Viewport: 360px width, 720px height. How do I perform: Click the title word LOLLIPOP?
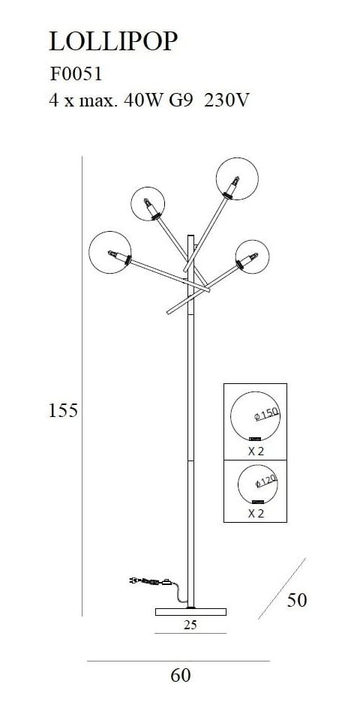pyautogui.click(x=113, y=42)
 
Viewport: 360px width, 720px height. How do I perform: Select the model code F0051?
pyautogui.click(x=76, y=74)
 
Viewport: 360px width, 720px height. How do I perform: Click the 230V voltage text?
pyautogui.click(x=226, y=100)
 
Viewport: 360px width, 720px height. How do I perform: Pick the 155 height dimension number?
pyautogui.click(x=63, y=410)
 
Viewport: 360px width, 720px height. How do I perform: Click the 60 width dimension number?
pyautogui.click(x=181, y=676)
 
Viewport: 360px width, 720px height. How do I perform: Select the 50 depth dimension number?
pyautogui.click(x=297, y=600)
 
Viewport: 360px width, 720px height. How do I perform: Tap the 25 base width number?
pyautogui.click(x=190, y=625)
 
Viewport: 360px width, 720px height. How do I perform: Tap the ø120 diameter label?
pyautogui.click(x=266, y=481)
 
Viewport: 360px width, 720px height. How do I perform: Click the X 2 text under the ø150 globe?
pyautogui.click(x=256, y=451)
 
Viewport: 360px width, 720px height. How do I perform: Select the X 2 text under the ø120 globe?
pyautogui.click(x=256, y=514)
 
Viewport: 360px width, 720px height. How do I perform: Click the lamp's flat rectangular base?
pyautogui.click(x=190, y=612)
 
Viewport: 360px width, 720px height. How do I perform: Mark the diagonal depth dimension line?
pyautogui.click(x=282, y=589)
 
